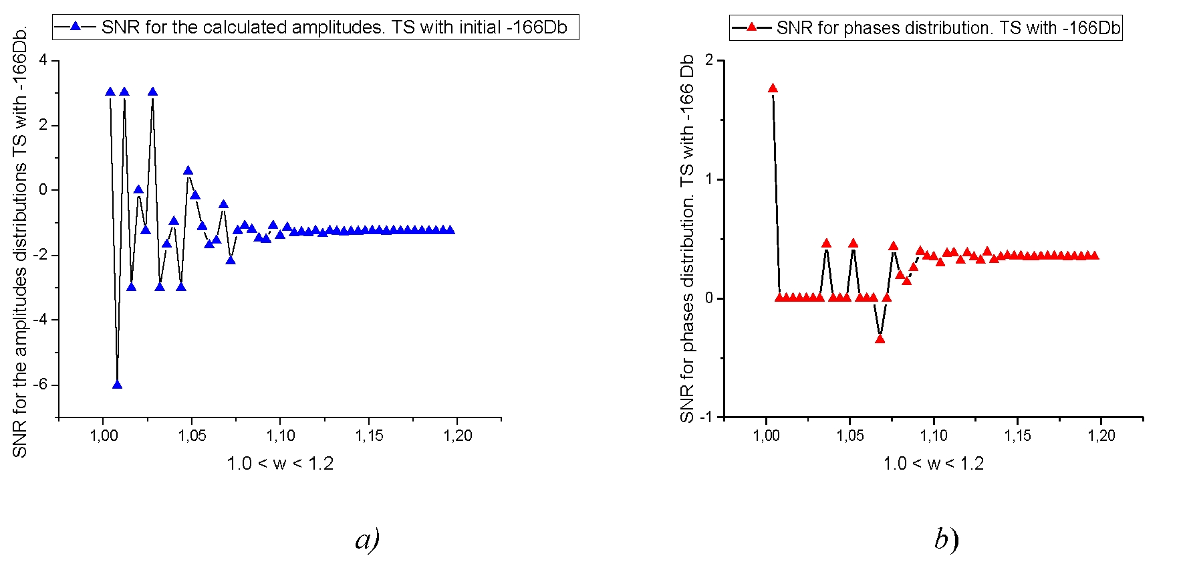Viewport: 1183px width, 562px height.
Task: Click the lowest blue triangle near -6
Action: [x=117, y=385]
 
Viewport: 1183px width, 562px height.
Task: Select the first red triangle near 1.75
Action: [x=773, y=88]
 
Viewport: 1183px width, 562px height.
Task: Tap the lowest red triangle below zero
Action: [x=880, y=339]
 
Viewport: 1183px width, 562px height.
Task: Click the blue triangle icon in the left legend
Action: [x=75, y=27]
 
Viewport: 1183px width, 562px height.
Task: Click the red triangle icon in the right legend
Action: [x=751, y=27]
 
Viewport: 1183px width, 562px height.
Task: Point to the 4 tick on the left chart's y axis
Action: [x=43, y=60]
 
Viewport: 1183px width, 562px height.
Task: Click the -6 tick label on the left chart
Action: [x=41, y=385]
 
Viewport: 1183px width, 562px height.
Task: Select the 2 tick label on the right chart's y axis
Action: [x=710, y=61]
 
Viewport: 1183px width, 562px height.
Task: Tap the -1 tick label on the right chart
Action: [x=706, y=417]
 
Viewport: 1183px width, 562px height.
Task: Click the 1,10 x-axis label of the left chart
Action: [x=280, y=436]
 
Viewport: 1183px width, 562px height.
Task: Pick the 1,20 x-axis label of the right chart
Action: [x=1101, y=436]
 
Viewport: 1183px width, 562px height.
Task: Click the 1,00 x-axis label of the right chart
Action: [x=766, y=436]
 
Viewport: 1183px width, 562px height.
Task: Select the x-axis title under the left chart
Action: [x=280, y=463]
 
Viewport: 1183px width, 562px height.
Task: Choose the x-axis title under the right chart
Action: [x=933, y=463]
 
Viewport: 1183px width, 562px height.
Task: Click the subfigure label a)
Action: [x=367, y=539]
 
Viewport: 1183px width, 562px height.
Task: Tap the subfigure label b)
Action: [x=946, y=539]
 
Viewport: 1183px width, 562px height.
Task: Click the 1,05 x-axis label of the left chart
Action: [x=192, y=436]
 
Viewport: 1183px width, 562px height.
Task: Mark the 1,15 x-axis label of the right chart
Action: [x=1017, y=436]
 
